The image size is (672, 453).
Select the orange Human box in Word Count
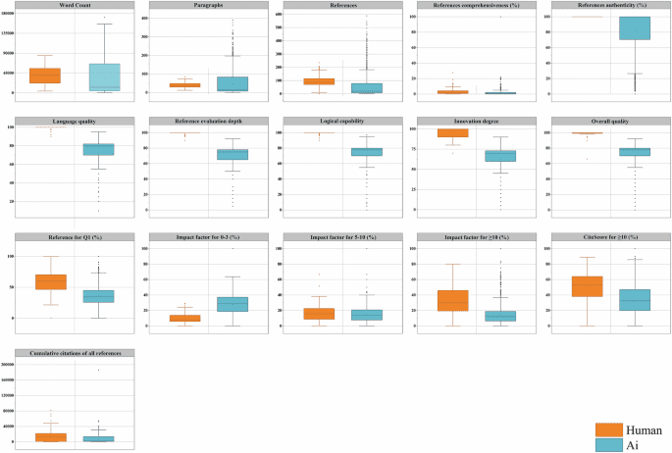[45, 75]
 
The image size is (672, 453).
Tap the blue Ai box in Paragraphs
[233, 83]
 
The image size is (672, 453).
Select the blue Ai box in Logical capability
[367, 151]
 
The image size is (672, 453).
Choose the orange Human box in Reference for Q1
[50, 281]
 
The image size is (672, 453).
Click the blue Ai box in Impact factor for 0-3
[233, 304]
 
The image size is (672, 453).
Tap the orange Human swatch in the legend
[609, 429]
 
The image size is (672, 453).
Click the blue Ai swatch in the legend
[609, 444]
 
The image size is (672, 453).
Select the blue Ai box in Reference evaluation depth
[233, 154]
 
